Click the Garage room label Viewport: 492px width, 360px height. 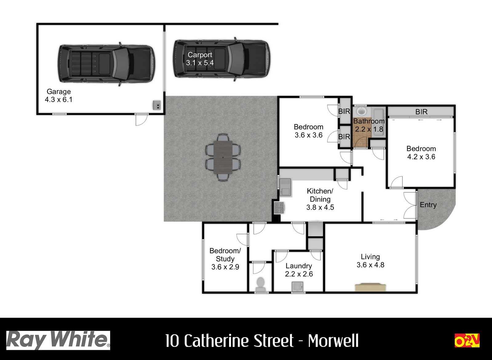pos(58,95)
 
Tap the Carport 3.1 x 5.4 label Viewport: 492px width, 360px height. pos(200,59)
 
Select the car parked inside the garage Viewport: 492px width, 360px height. pos(106,64)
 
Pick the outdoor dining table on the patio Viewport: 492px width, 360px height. pos(223,157)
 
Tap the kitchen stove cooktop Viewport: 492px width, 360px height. pos(279,208)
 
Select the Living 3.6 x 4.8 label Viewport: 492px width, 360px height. pos(370,261)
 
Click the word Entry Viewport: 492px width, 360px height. pos(428,205)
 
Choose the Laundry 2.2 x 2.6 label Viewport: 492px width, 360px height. pos(299,270)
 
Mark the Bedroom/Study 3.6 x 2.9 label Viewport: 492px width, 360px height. pos(225,259)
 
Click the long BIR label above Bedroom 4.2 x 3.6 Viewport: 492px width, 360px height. pos(421,112)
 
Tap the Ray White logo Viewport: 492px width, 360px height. pos(58,340)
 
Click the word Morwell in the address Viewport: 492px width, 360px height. pos(333,341)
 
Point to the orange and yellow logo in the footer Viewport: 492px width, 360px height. pos(467,340)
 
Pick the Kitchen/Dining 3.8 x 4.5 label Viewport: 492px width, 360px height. pos(320,199)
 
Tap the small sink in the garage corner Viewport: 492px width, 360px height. pos(157,105)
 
